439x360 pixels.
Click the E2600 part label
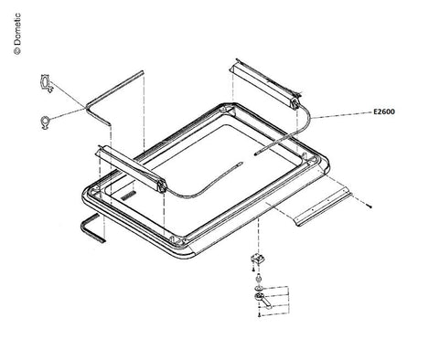click(384, 111)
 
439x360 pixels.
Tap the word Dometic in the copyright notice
click(17, 29)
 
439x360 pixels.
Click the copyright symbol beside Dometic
click(17, 51)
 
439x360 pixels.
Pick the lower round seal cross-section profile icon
click(45, 122)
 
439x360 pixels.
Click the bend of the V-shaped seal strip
click(87, 107)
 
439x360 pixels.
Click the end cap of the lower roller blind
click(162, 185)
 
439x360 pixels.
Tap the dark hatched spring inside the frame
click(128, 196)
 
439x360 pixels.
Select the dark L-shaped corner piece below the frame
click(91, 228)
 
